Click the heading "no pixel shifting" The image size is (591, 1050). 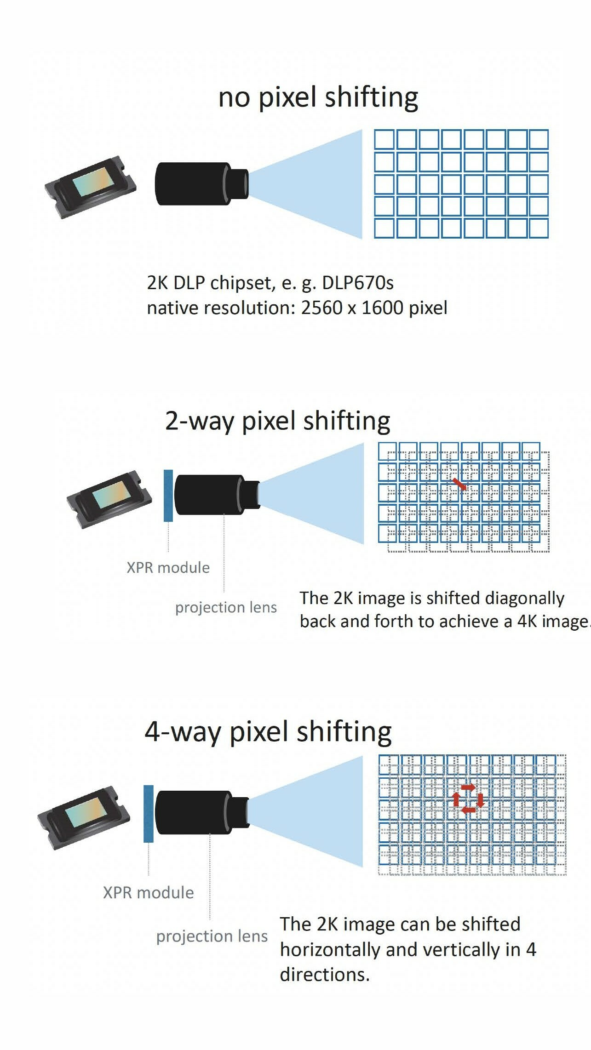pyautogui.click(x=318, y=97)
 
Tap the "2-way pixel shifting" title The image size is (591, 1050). pyautogui.click(x=277, y=421)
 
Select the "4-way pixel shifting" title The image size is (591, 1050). pyautogui.click(x=268, y=732)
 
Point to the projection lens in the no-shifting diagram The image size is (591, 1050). pyautogui.click(x=201, y=183)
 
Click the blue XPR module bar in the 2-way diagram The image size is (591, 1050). pyautogui.click(x=168, y=496)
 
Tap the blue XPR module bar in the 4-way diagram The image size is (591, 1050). pyautogui.click(x=149, y=814)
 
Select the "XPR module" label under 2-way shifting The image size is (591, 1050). pyautogui.click(x=168, y=568)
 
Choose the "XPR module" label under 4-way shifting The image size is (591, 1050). pyautogui.click(x=148, y=893)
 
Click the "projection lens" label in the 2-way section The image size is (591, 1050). pyautogui.click(x=226, y=607)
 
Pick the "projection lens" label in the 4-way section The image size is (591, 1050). pyautogui.click(x=212, y=936)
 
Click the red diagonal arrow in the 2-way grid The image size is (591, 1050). pyautogui.click(x=459, y=484)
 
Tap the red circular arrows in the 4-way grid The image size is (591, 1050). pyautogui.click(x=468, y=799)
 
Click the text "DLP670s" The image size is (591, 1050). pyautogui.click(x=357, y=283)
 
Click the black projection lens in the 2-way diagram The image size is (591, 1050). pyautogui.click(x=216, y=495)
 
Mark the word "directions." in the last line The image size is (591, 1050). pyautogui.click(x=325, y=975)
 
